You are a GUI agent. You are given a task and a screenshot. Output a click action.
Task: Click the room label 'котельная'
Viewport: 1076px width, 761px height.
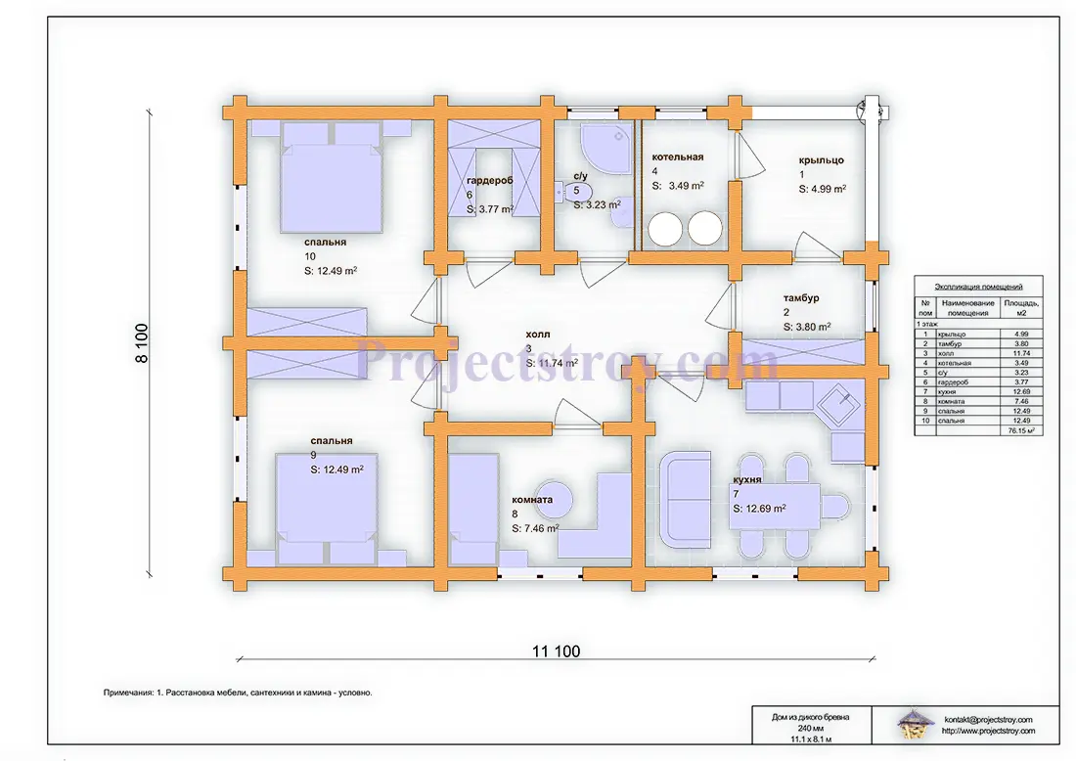click(677, 157)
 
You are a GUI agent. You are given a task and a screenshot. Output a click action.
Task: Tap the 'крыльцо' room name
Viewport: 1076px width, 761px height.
click(821, 160)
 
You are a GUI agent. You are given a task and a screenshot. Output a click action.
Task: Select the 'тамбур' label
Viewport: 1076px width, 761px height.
click(801, 298)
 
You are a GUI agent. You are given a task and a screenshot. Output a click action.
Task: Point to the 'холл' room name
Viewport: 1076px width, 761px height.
click(537, 335)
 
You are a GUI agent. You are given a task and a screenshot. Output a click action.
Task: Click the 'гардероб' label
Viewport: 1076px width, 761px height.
click(489, 181)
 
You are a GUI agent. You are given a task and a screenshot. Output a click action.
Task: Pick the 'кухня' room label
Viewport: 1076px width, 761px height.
click(746, 479)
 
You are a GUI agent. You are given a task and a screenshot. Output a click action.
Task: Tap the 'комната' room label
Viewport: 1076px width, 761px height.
click(532, 500)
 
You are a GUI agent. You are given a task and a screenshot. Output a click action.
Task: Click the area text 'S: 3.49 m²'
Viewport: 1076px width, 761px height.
click(678, 186)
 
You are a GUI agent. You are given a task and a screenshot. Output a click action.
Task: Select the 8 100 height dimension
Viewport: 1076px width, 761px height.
click(142, 343)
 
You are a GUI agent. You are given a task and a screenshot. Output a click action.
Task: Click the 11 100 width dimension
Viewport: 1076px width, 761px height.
click(556, 651)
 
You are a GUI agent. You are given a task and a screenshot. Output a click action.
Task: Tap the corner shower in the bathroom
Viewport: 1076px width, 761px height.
click(605, 146)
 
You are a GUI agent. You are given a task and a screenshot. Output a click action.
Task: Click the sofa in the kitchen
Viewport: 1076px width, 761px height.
click(685, 499)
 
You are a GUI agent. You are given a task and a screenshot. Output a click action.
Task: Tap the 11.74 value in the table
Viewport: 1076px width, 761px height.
click(1021, 353)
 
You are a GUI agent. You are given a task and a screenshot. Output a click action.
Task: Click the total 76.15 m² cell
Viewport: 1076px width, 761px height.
click(1021, 430)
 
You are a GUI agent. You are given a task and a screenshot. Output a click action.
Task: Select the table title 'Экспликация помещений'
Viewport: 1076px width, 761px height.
click(978, 287)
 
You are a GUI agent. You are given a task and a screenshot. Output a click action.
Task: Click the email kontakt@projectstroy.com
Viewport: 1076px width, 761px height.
click(988, 720)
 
